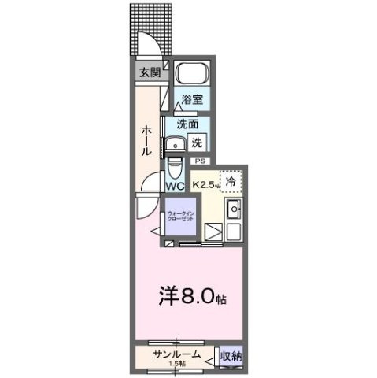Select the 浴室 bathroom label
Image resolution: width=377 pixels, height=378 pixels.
pyautogui.click(x=191, y=100)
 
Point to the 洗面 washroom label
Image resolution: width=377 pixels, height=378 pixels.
pyautogui.click(x=187, y=124)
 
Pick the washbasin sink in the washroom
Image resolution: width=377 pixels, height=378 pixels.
pyautogui.click(x=173, y=143)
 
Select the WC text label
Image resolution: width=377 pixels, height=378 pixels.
pyautogui.click(x=175, y=186)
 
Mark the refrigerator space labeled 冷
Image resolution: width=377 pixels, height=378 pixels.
pyautogui.click(x=231, y=180)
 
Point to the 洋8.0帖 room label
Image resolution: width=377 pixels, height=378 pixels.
pyautogui.click(x=192, y=298)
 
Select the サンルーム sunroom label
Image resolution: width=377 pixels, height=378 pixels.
pyautogui.click(x=178, y=353)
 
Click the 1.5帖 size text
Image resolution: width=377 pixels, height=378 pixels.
pyautogui.click(x=177, y=363)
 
